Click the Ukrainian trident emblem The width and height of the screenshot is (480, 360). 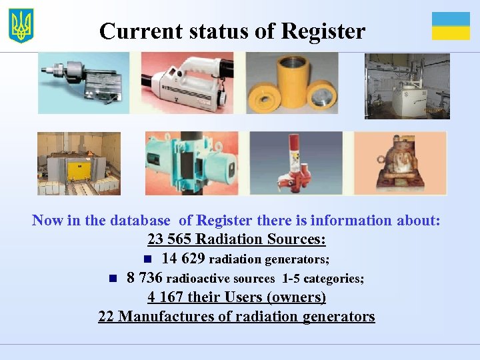click(x=21, y=26)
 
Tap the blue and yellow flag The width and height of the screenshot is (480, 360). click(x=451, y=26)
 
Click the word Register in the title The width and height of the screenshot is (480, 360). click(x=323, y=31)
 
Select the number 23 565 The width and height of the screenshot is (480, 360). click(x=169, y=239)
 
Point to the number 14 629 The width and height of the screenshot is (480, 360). click(x=183, y=258)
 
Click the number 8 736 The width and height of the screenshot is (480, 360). click(x=144, y=277)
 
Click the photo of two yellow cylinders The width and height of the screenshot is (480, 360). click(x=292, y=83)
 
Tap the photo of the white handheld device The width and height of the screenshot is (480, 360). click(x=187, y=83)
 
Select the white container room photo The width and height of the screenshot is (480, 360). click(x=407, y=86)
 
